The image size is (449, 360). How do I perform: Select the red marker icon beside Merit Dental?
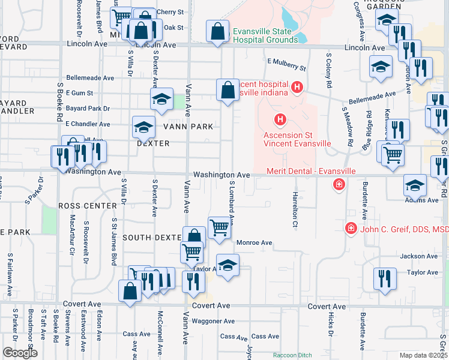(x=339, y=184)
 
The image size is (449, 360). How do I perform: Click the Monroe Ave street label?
(x=255, y=242)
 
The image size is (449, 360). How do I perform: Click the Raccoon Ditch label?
(x=294, y=355)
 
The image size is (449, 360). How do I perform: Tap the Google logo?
(x=19, y=353)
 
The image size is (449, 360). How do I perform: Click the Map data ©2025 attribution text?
(x=424, y=355)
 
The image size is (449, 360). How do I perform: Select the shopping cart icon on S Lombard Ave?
(x=220, y=228)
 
